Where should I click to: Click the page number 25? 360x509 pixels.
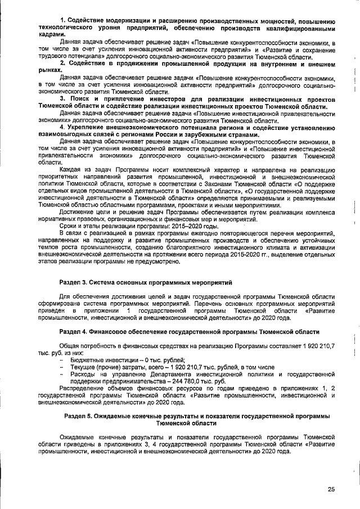click(x=331, y=489)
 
